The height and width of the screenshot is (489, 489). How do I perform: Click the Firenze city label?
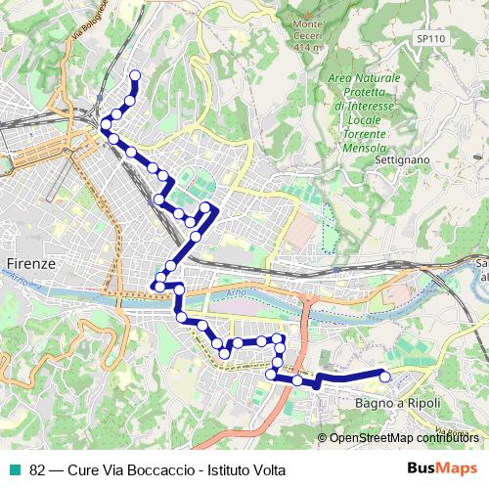coord(29,264)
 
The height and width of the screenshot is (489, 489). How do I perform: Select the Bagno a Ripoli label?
coord(398,403)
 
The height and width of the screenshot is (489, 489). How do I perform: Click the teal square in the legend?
coord(13,469)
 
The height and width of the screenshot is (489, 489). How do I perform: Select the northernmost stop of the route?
coord(134,75)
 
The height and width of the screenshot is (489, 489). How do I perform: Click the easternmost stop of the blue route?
coord(384,377)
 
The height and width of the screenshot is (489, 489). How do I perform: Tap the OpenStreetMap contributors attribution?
coord(403,438)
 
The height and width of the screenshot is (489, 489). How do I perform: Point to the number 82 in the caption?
coord(38,469)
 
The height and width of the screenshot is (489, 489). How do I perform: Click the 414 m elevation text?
coord(307,47)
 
